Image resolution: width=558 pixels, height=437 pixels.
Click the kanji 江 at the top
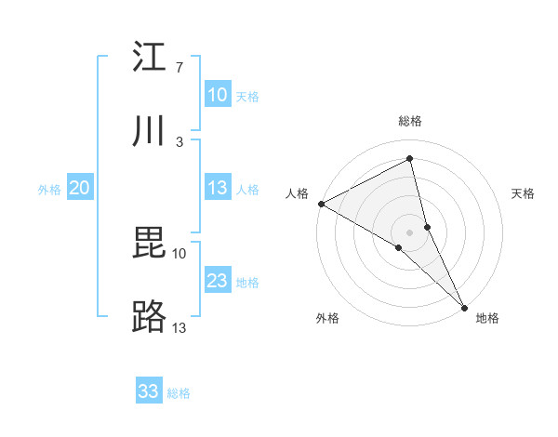[x=149, y=58]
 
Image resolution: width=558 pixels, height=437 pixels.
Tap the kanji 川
[x=149, y=131]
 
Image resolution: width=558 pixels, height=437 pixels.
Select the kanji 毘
[x=149, y=243]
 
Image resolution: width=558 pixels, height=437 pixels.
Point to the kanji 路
[x=149, y=318]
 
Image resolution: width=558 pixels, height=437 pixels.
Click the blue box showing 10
[x=217, y=95]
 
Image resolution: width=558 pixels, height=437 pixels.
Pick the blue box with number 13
[x=217, y=188]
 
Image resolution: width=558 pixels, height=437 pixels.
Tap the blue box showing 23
[x=217, y=281]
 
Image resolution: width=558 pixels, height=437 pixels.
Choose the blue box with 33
[x=149, y=391]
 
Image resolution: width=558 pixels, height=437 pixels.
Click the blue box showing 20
[x=79, y=188]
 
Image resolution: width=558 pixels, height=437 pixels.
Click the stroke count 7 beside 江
[x=179, y=68]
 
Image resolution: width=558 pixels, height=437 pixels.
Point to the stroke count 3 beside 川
[x=179, y=141]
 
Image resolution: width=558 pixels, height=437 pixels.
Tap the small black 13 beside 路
[x=179, y=327]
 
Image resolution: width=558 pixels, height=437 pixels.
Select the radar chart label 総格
[x=410, y=121]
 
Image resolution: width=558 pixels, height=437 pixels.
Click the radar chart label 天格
[x=523, y=193]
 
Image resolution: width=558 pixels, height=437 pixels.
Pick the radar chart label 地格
[x=487, y=318]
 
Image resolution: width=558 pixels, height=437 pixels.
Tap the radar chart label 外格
[x=327, y=318]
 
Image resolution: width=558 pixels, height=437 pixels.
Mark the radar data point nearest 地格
[x=464, y=306]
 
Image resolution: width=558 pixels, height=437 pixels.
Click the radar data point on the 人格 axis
[x=321, y=204]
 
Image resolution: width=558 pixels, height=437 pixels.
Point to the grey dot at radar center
[x=410, y=232]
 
